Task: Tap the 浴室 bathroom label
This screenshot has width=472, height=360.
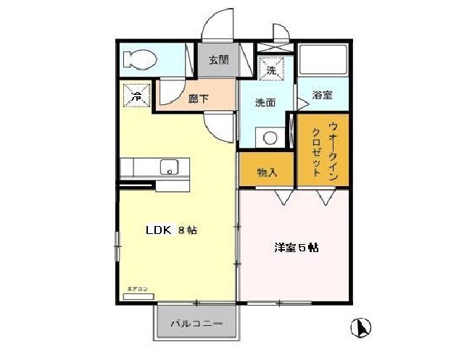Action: click(x=323, y=95)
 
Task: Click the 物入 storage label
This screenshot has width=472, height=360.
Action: click(x=267, y=172)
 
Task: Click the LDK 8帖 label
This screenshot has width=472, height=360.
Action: click(x=172, y=231)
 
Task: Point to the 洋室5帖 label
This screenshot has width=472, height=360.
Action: click(x=296, y=247)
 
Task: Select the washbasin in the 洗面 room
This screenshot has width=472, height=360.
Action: click(x=270, y=137)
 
